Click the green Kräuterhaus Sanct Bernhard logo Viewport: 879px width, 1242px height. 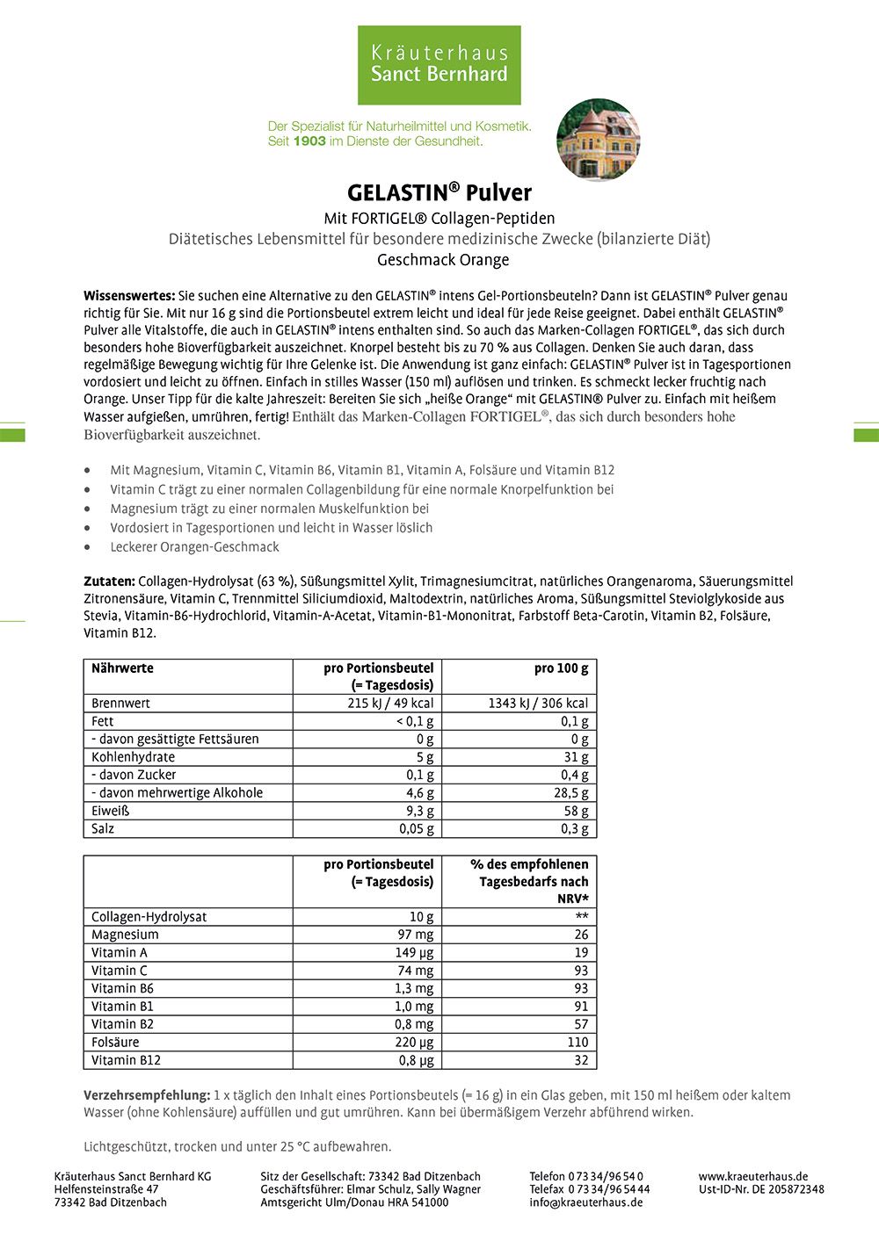[439, 65]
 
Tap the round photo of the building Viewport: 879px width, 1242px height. [598, 140]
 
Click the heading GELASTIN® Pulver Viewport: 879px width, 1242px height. [439, 193]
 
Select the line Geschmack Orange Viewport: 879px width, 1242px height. [443, 260]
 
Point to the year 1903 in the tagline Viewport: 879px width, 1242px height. [309, 141]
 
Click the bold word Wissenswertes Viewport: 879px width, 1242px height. [128, 296]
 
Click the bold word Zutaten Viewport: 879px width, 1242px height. [109, 581]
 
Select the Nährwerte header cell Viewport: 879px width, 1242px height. [122, 668]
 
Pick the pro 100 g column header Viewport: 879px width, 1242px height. [561, 668]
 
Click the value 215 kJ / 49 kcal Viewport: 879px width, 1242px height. [390, 704]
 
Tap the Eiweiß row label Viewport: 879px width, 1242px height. [110, 811]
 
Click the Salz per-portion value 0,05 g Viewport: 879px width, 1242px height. [416, 829]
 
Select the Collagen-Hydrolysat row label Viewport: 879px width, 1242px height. [149, 917]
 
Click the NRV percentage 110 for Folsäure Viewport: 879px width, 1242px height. [578, 1043]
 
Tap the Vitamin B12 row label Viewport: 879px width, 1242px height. [126, 1060]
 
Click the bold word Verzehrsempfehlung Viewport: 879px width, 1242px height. [147, 1095]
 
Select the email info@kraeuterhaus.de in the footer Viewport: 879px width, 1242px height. [585, 1202]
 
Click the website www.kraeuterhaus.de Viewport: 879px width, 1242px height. [753, 1176]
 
